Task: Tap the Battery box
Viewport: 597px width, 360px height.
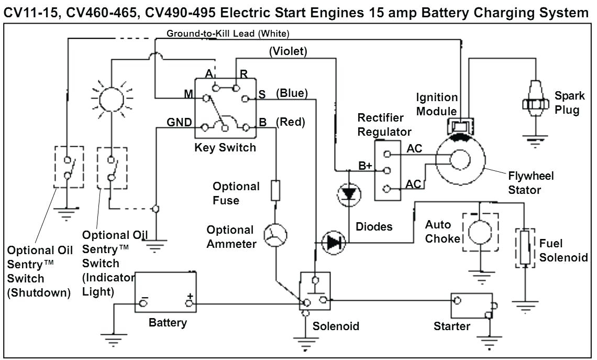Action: click(166, 292)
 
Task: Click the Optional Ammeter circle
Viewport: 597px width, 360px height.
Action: click(275, 236)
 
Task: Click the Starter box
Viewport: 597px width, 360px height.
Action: click(471, 306)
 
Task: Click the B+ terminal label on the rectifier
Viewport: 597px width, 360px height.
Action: click(365, 166)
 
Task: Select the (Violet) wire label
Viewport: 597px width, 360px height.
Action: click(288, 51)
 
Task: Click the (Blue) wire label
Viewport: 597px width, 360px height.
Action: click(291, 93)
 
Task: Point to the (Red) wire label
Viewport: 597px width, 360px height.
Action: click(290, 122)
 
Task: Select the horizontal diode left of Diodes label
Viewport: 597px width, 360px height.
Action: click(333, 243)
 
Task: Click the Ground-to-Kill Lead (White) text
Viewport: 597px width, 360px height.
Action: click(228, 34)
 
